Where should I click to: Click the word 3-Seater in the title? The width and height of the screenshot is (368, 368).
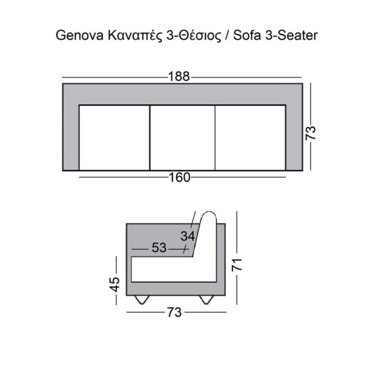290,36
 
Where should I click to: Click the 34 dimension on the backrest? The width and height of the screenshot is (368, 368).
188,236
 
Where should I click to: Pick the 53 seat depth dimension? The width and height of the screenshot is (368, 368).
159,248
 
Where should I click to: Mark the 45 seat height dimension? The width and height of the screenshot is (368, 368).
114,284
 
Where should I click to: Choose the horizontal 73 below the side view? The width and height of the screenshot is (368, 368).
174,312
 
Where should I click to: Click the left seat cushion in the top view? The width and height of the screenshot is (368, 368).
115,137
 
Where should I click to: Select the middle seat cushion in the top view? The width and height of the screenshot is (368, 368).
183,137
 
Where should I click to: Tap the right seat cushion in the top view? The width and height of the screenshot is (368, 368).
250,137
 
